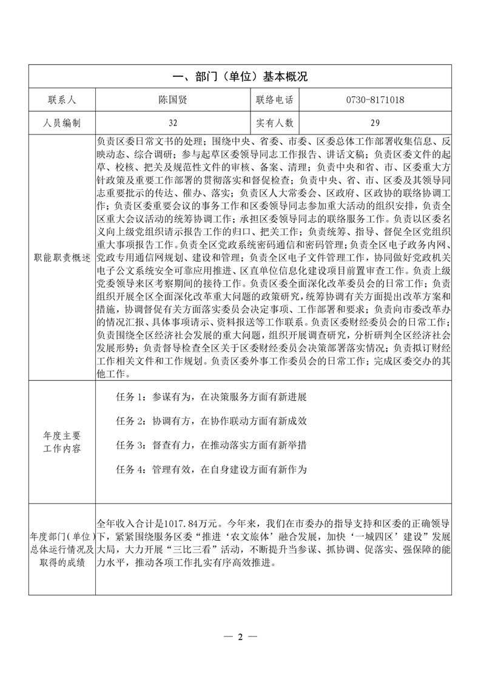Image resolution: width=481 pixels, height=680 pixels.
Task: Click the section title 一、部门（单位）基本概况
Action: pos(240,76)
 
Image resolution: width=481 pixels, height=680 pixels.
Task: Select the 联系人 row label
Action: pos(62,99)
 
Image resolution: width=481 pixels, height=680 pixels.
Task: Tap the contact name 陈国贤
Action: pos(173,99)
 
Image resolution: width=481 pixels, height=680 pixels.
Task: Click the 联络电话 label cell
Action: pos(274,99)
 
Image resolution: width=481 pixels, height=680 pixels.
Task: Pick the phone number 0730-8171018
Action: pos(374,99)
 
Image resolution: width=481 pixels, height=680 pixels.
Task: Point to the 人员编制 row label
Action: pos(62,122)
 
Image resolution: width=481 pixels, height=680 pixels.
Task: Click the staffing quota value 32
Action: pos(173,122)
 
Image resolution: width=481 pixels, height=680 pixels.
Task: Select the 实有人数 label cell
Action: pos(274,122)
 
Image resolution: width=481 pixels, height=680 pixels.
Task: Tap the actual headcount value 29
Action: pos(374,122)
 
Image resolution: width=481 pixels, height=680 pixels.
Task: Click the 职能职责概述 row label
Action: pos(62,258)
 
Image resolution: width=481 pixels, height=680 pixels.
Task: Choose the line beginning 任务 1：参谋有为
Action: pos(212,398)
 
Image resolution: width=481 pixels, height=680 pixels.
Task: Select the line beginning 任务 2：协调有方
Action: pos(212,421)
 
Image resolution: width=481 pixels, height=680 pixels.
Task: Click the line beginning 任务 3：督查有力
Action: pos(212,445)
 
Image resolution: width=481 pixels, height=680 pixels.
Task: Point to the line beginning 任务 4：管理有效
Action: pos(212,468)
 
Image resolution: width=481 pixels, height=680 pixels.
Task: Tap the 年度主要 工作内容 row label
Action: pos(62,442)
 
